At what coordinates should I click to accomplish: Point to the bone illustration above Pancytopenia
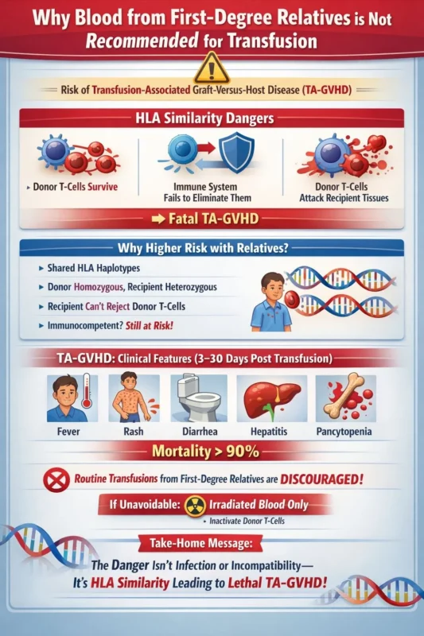point(344,397)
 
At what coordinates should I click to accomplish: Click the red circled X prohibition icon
point(57,481)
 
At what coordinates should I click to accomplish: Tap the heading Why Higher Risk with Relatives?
point(212,247)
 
